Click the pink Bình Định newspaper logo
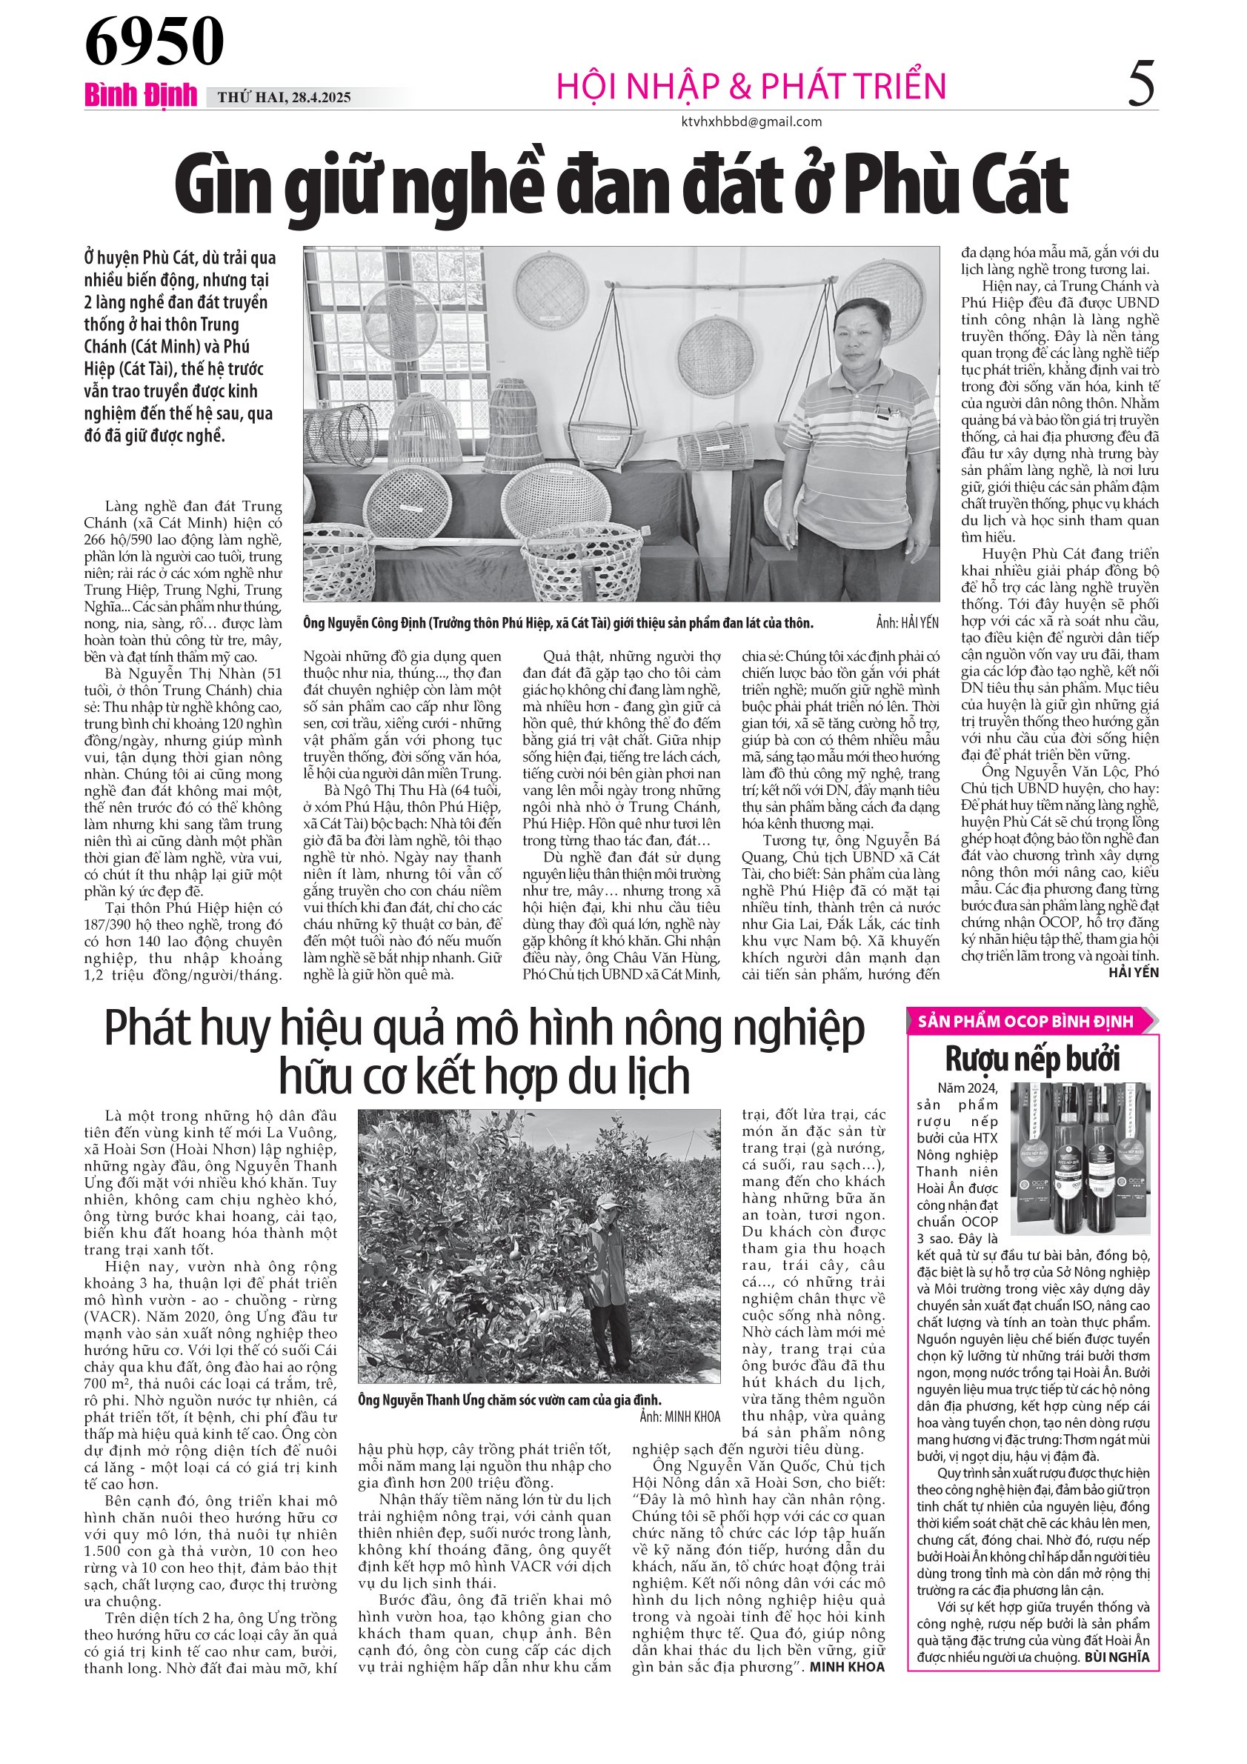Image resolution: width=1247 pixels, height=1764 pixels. click(141, 96)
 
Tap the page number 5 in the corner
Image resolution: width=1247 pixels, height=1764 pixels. click(1141, 84)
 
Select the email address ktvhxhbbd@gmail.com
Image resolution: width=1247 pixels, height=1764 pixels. click(751, 122)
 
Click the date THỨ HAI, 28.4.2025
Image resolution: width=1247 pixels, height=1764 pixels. click(284, 98)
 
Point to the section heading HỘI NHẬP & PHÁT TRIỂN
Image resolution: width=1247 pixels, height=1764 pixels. click(751, 85)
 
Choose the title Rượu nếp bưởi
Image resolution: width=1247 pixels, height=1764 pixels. click(1032, 1059)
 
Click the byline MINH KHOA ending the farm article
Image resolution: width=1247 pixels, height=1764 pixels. click(847, 1666)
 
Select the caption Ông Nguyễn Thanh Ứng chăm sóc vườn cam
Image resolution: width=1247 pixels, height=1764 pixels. click(510, 1399)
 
